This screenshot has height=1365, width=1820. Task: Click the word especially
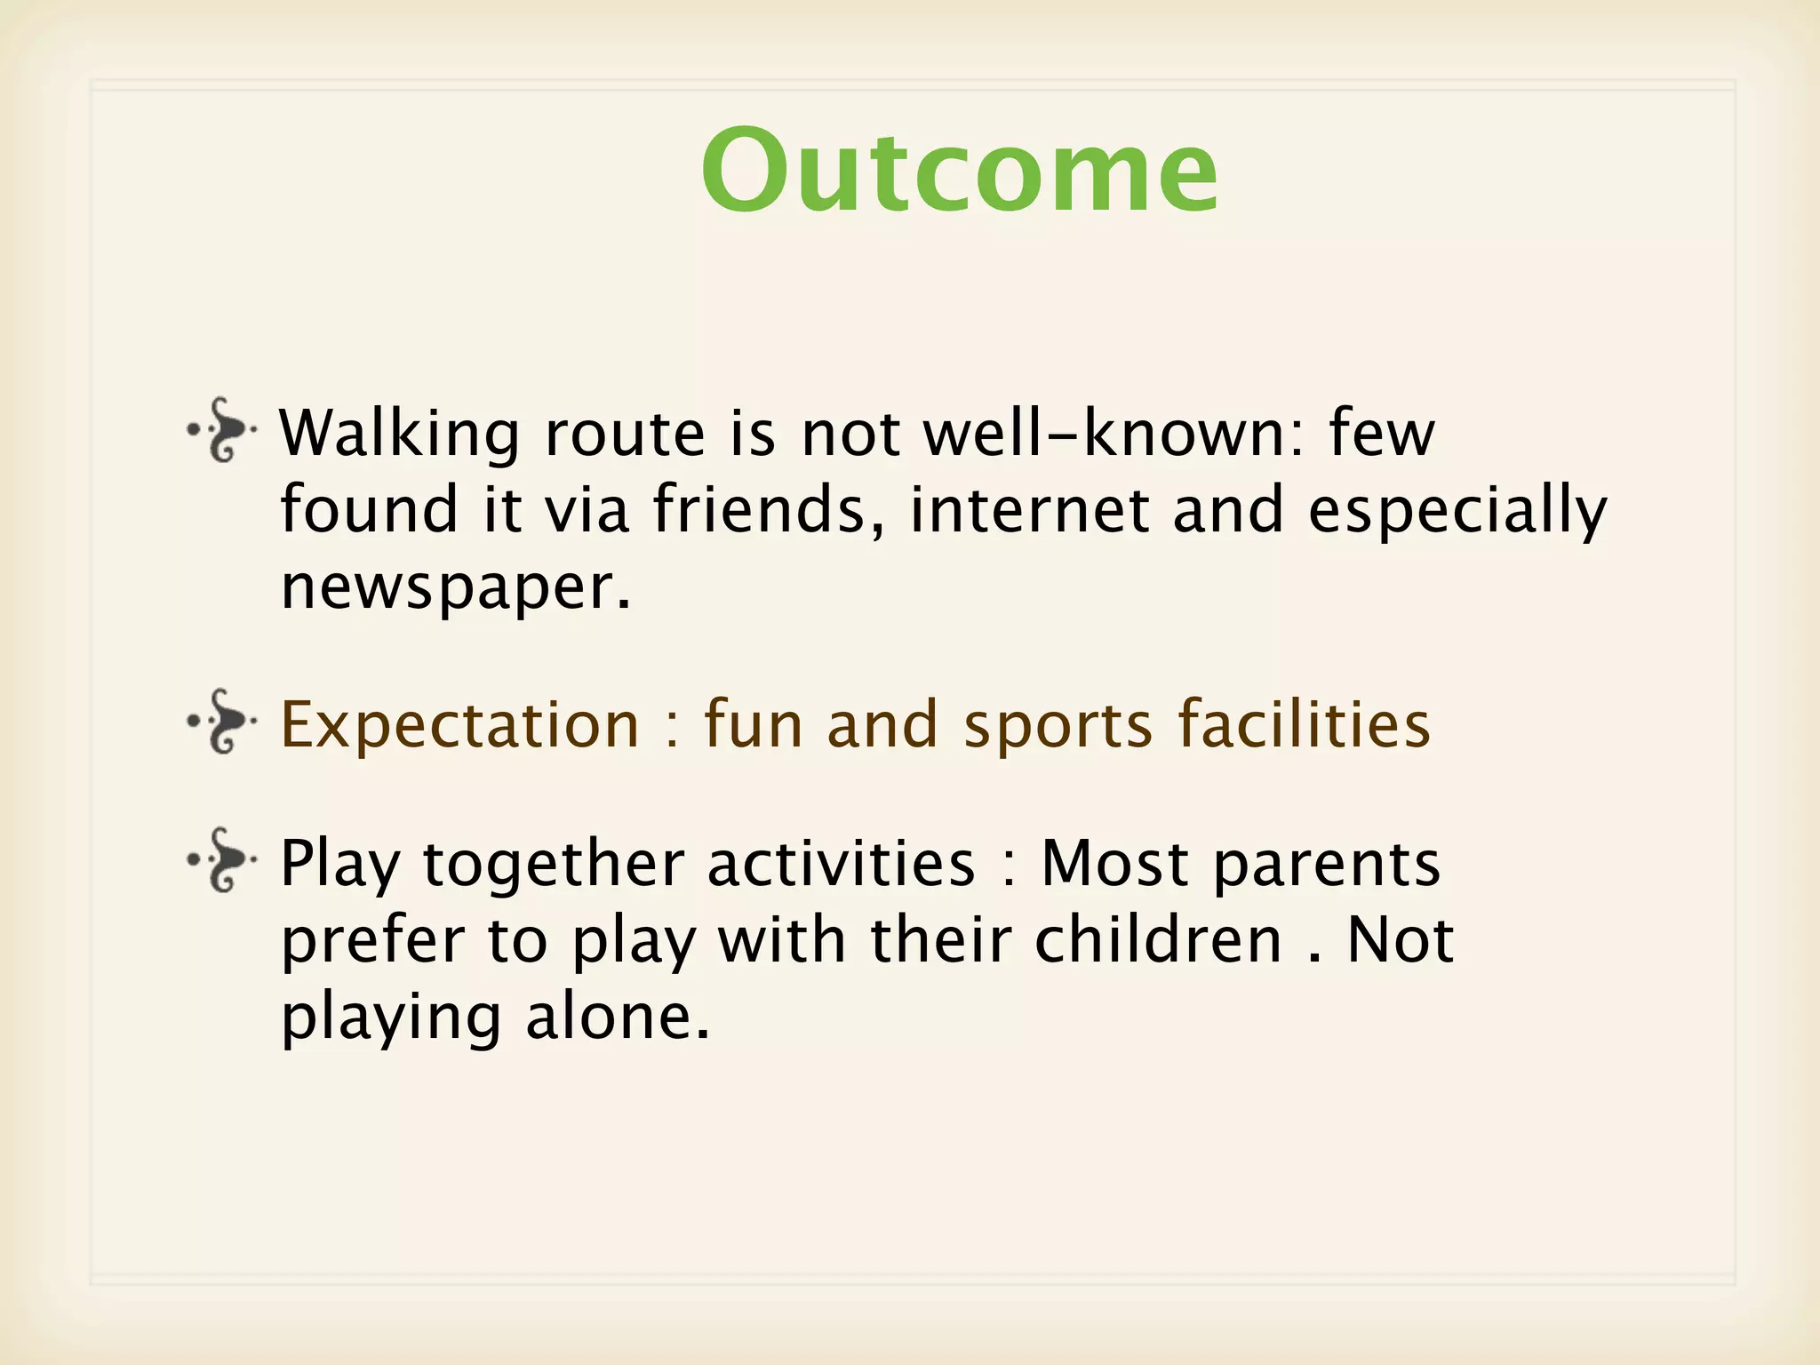[x=1457, y=512]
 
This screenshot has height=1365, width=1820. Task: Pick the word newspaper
[x=455, y=588]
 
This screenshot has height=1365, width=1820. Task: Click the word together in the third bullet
[x=553, y=865]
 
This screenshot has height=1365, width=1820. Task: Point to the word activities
[x=841, y=863]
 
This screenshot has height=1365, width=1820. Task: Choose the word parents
[x=1326, y=865]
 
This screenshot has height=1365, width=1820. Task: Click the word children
[x=1158, y=940]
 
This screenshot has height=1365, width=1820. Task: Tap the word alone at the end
[x=618, y=1017]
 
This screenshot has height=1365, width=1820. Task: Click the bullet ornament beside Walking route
[x=222, y=431]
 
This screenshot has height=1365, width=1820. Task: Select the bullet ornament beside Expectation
[x=222, y=721]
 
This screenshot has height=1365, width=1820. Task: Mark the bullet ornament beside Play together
[x=222, y=859]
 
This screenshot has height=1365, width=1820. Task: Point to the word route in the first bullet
[x=625, y=435]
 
